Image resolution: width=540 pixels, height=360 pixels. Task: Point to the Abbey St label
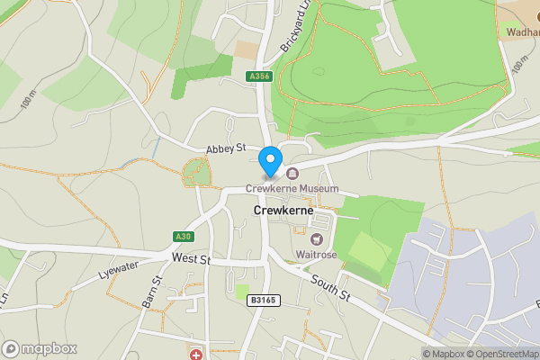pos(225,148)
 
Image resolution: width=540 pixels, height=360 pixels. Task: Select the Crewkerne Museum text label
pos(292,189)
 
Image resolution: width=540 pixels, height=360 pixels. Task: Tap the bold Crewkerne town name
pos(283,210)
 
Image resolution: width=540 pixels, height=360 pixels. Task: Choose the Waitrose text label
pos(317,256)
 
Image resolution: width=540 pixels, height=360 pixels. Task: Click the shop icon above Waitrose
pos(317,239)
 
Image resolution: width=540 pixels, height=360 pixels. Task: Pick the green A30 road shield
pos(184,237)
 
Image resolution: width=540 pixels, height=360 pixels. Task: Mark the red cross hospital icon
pos(196,355)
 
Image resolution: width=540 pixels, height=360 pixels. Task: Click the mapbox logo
pos(40,348)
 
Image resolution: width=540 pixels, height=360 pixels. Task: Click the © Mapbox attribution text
pos(445,354)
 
